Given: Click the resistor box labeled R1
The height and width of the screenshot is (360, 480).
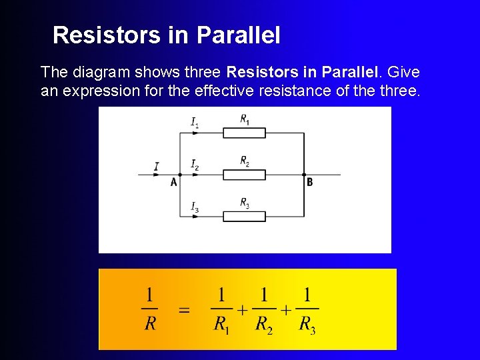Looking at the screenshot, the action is pyautogui.click(x=243, y=133).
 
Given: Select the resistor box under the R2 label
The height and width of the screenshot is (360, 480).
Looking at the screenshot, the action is pyautogui.click(x=243, y=175).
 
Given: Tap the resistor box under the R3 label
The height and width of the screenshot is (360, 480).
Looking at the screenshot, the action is pyautogui.click(x=243, y=216).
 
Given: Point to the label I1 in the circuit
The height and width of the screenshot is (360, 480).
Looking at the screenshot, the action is pyautogui.click(x=195, y=122).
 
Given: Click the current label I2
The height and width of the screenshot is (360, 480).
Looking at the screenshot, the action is pyautogui.click(x=195, y=164).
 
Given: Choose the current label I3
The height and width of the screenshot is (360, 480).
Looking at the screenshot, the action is pyautogui.click(x=195, y=207).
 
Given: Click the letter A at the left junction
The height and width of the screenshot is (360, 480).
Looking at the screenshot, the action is pyautogui.click(x=174, y=182).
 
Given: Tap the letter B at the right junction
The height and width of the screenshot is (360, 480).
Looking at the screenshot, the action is pyautogui.click(x=309, y=181).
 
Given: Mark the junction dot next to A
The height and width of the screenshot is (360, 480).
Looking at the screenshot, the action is pyautogui.click(x=180, y=175).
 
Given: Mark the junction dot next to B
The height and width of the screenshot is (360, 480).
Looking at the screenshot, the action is pyautogui.click(x=304, y=175).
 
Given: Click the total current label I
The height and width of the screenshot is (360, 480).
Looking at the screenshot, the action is pyautogui.click(x=156, y=166).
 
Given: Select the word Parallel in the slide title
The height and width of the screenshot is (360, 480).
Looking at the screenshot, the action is pyautogui.click(x=238, y=35).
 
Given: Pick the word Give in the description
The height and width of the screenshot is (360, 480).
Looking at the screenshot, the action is pyautogui.click(x=403, y=71).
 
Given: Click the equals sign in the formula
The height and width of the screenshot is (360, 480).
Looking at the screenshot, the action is pyautogui.click(x=184, y=311).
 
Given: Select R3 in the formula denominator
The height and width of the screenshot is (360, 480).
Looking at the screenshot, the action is pyautogui.click(x=307, y=325).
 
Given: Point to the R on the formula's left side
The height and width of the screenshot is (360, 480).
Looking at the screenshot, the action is pyautogui.click(x=151, y=325).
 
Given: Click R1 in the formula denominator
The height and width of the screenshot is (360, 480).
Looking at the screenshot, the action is pyautogui.click(x=221, y=325).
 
